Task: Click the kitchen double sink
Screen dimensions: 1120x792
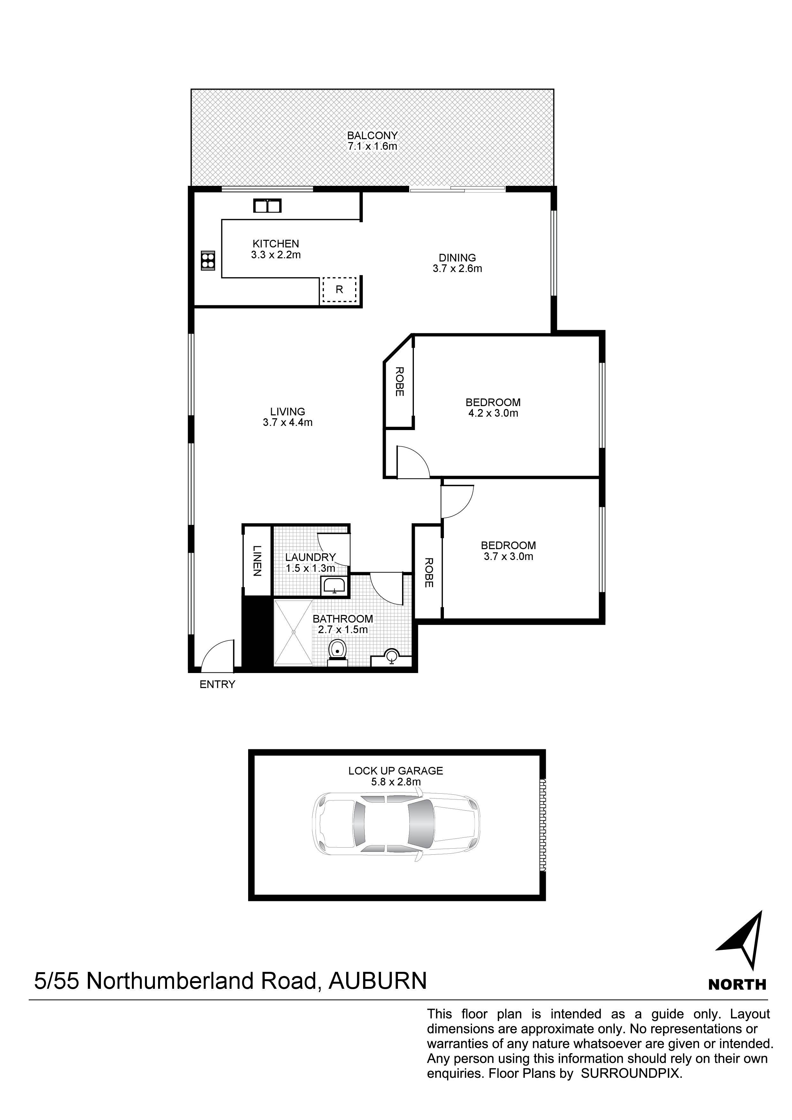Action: pos(267,206)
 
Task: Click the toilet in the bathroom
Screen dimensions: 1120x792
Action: pos(338,651)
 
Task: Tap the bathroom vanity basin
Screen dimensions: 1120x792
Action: pos(391,657)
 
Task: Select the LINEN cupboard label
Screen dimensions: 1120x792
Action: pos(257,561)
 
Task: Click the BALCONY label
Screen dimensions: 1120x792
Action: pos(372,135)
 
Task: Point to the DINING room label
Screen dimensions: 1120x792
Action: pos(457,258)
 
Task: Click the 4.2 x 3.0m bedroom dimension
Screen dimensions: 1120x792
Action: pos(493,413)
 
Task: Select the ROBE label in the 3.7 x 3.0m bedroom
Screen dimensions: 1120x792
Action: pos(429,573)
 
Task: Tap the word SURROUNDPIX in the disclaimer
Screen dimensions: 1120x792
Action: pos(630,1073)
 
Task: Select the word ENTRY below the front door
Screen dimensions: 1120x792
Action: pos(217,685)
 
